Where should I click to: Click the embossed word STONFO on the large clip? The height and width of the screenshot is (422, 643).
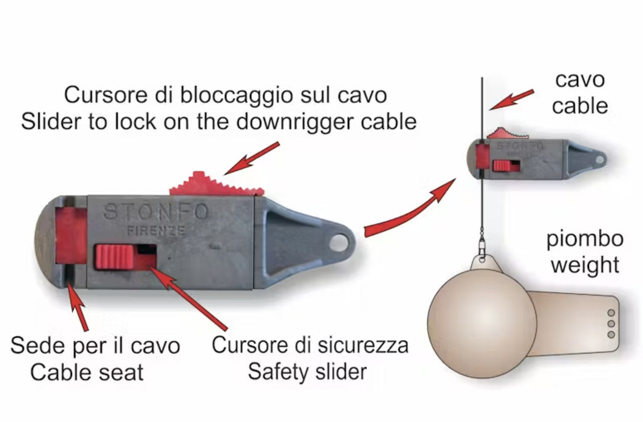156,212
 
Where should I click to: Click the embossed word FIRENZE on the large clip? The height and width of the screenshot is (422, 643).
156,231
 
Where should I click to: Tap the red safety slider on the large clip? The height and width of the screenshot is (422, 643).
114,257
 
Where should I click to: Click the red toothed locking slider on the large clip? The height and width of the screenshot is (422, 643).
216,184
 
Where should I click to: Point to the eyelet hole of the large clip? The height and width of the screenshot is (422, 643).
338,243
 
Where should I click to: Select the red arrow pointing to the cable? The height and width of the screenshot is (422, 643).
511,100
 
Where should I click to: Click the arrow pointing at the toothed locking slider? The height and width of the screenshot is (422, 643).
252,159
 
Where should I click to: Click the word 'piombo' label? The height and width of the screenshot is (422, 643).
585,240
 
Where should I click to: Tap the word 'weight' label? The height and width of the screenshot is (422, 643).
585,265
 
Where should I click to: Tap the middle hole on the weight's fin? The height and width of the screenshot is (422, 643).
611,324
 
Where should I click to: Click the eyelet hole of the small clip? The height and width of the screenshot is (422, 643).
600,159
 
